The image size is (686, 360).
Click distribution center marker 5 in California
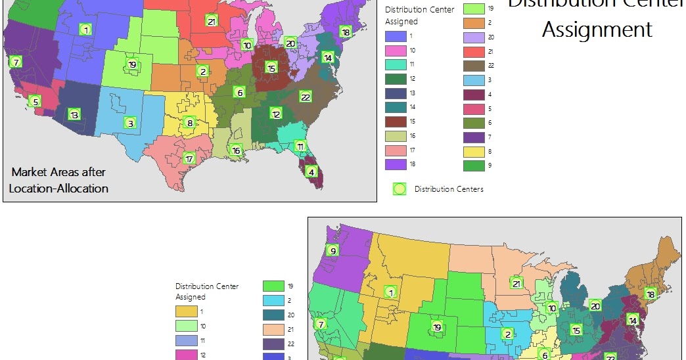(35, 101)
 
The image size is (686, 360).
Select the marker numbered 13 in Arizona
(74, 115)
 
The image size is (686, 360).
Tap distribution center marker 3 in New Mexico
(130, 123)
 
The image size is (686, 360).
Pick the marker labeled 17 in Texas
(189, 158)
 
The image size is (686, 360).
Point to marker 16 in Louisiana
(236, 150)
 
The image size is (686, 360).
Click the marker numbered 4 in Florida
(311, 171)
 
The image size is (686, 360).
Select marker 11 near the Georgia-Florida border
(300, 146)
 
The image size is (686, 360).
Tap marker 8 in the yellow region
(189, 122)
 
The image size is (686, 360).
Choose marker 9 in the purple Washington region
(333, 250)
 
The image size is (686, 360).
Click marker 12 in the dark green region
(276, 114)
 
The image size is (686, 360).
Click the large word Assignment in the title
(597, 30)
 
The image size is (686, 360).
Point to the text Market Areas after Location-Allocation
(58, 180)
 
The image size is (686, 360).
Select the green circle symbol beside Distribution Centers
(398, 189)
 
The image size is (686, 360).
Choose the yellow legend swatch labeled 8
(474, 151)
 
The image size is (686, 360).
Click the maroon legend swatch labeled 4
(474, 95)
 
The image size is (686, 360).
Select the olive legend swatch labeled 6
(474, 123)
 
